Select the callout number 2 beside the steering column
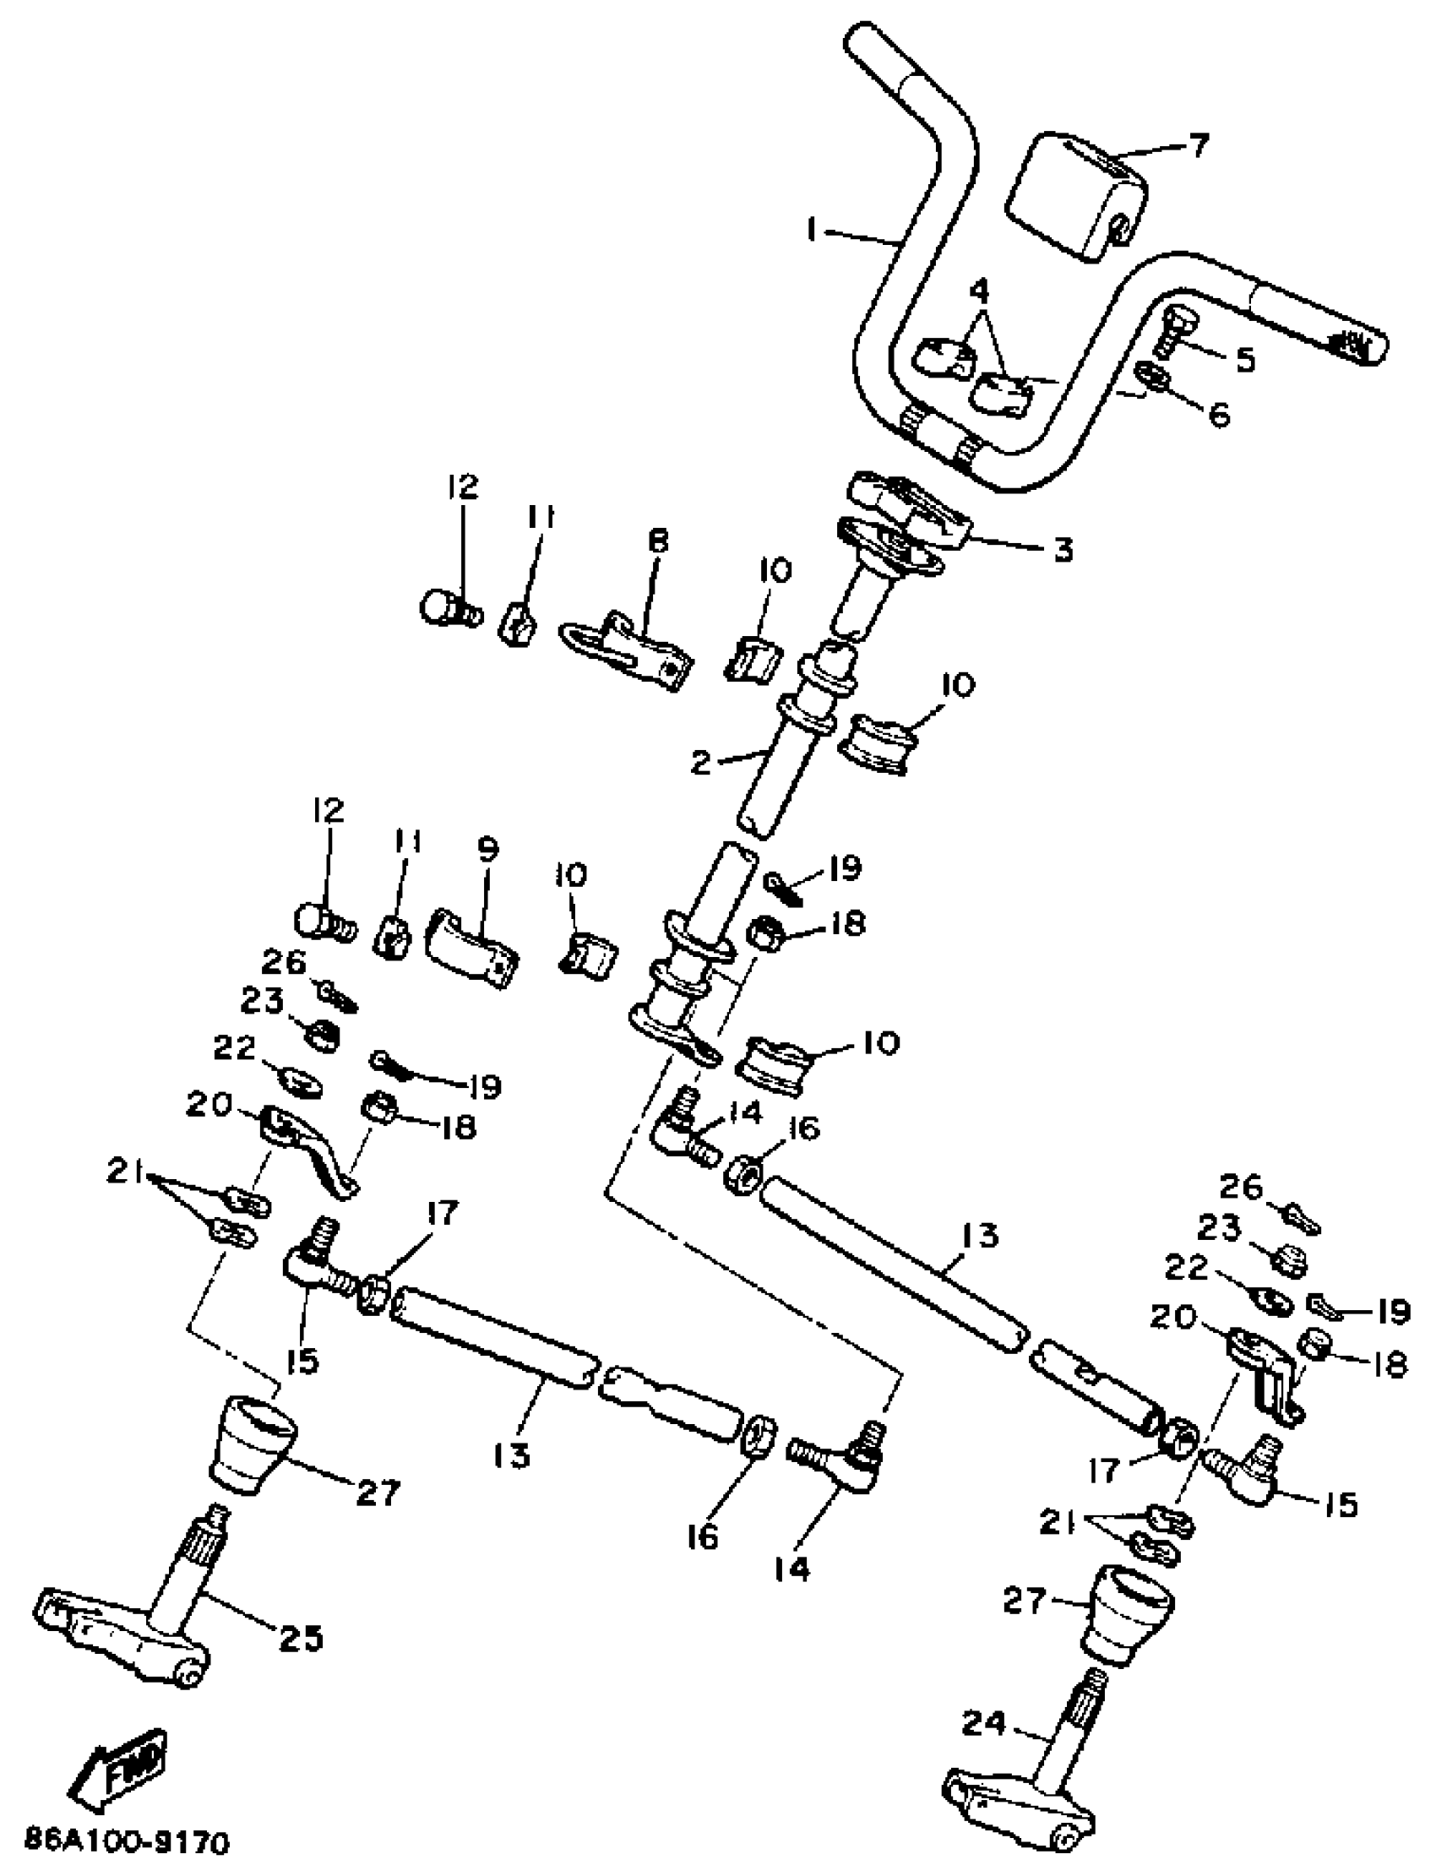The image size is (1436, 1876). click(701, 763)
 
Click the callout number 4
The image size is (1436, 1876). click(979, 291)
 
